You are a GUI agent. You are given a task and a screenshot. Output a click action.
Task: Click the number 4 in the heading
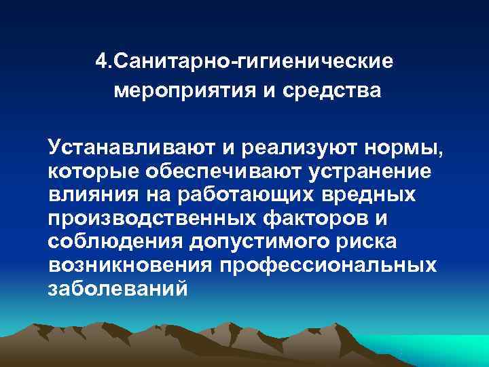point(101,63)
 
